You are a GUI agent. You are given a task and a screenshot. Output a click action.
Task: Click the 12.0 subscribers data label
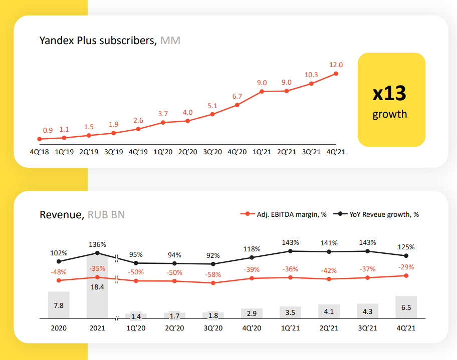pos(336,65)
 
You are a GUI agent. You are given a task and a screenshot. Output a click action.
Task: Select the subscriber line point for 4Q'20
pos(237,105)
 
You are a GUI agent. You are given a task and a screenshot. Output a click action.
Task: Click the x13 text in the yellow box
pos(389,94)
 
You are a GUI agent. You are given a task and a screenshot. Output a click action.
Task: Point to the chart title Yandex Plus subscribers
pos(98,41)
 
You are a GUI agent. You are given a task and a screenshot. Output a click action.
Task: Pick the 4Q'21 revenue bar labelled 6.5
pos(406,307)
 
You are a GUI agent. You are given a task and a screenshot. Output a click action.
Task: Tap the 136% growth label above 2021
pos(97,244)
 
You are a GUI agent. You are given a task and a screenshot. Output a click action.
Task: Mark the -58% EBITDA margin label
pos(213,275)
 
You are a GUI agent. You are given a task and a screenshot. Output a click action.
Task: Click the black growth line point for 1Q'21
pos(291,251)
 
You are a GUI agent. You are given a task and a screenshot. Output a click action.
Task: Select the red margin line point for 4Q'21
pos(406,275)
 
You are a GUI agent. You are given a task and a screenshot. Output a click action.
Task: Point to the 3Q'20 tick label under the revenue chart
pos(213,328)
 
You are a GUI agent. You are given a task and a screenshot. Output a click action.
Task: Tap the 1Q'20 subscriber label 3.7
pos(163,114)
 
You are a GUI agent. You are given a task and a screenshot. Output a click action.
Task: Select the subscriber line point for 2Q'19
pos(89,135)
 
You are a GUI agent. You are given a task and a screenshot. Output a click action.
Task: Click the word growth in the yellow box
pos(389,114)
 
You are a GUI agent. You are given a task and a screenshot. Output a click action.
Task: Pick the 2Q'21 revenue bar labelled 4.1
pos(329,311)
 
